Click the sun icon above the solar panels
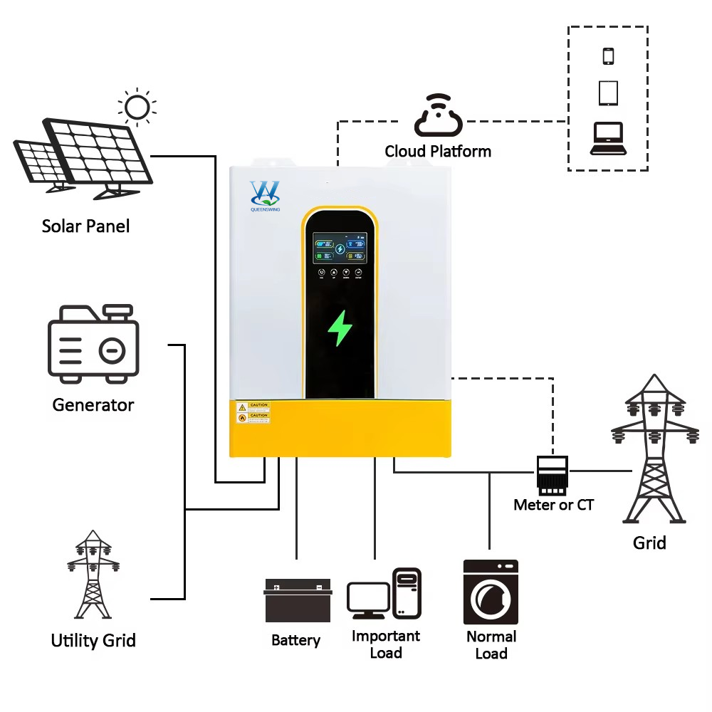point(137,107)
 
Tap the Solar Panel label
point(85,226)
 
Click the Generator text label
point(93,405)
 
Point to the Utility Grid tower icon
point(93,574)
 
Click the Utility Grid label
point(93,640)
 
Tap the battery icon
point(298,600)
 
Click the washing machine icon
point(491,592)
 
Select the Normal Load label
point(491,645)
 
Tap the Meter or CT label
point(553,505)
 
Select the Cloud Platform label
point(438,151)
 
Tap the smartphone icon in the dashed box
point(608,56)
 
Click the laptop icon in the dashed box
point(608,139)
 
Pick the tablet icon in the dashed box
point(608,93)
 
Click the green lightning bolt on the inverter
point(340,328)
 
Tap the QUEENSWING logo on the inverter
point(265,194)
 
